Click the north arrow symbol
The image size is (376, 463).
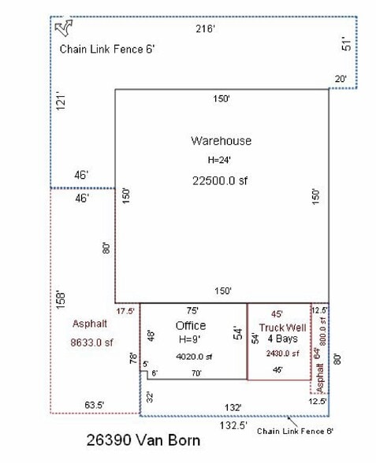[64, 29]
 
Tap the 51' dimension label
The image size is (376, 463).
[344, 44]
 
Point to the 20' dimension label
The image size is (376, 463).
[340, 79]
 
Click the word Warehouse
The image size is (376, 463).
[221, 141]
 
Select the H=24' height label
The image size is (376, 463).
[222, 160]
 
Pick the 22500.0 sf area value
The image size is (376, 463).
[222, 180]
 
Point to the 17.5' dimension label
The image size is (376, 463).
[125, 311]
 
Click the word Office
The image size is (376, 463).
[191, 325]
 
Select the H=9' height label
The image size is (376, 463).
[191, 339]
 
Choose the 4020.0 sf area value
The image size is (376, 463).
[192, 357]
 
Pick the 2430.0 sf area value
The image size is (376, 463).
[279, 353]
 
